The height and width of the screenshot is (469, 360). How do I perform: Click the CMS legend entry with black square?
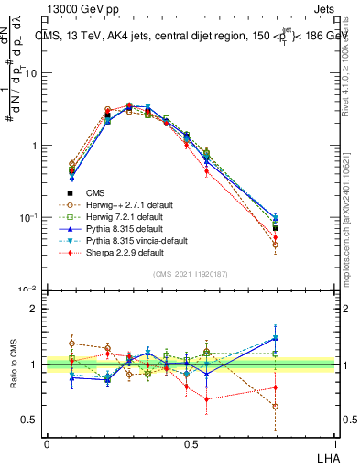(x=95, y=192)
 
